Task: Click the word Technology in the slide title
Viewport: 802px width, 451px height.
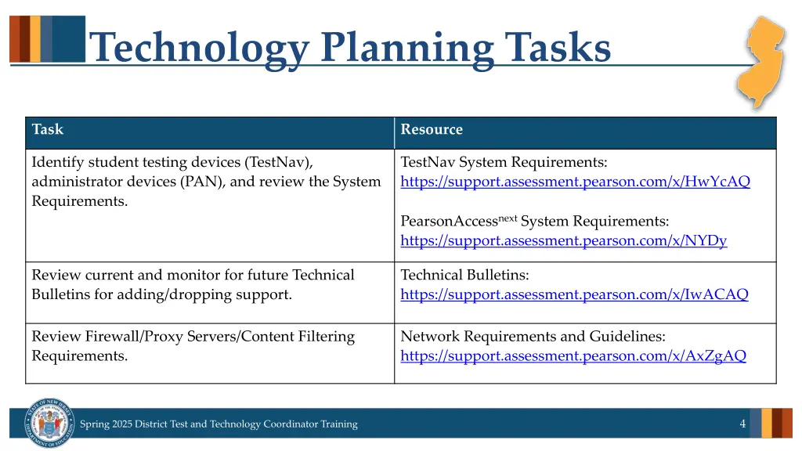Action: tap(200, 48)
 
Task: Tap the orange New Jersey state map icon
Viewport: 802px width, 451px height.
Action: tap(764, 61)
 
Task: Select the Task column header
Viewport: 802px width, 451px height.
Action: tap(48, 130)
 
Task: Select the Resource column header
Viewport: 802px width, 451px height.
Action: tap(432, 130)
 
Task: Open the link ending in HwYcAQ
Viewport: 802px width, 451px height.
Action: tap(575, 182)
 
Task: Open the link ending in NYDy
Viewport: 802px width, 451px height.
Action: tap(563, 241)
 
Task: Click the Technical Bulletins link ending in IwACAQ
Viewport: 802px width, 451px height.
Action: tap(574, 295)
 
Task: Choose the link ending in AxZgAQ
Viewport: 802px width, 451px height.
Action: tap(573, 356)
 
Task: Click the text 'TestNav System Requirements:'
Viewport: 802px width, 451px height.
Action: tap(504, 163)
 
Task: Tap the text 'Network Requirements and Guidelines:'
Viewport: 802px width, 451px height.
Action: tap(533, 337)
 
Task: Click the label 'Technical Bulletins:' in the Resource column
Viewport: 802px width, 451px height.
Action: tap(464, 276)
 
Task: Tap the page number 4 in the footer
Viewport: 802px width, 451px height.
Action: tap(742, 424)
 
